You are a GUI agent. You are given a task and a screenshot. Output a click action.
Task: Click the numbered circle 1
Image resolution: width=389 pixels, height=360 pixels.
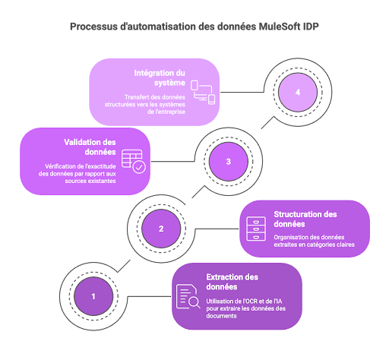click(93, 296)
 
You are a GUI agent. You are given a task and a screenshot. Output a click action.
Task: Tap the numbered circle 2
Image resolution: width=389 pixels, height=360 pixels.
click(161, 229)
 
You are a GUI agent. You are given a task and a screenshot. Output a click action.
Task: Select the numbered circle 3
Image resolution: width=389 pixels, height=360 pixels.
click(229, 161)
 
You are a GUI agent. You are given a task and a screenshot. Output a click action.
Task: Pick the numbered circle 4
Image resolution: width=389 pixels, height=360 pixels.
click(298, 92)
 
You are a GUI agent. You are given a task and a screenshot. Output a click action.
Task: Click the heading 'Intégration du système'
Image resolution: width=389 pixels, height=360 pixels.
click(160, 77)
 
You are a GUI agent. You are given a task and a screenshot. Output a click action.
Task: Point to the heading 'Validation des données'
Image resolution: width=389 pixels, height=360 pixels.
click(90, 147)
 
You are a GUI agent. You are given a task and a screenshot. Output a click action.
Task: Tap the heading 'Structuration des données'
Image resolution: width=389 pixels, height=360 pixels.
click(305, 219)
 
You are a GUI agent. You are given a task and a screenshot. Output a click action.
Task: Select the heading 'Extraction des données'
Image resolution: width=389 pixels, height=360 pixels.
click(232, 282)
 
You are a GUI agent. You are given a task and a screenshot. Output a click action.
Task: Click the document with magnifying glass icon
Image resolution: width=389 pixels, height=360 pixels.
click(188, 296)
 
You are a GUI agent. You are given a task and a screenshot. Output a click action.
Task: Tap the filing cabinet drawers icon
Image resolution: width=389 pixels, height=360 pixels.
click(256, 229)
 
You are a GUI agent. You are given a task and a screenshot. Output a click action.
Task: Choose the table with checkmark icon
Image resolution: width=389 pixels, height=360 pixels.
click(134, 162)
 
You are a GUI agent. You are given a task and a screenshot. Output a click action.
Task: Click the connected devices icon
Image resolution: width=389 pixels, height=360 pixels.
click(203, 93)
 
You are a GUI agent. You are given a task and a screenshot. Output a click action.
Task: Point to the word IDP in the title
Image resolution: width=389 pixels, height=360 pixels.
click(311, 27)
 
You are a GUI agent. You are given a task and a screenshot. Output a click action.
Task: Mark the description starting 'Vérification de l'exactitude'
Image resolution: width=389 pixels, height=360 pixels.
click(77, 173)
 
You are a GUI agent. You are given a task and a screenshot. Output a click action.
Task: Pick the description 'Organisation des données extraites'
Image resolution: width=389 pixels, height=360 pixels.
click(314, 241)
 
